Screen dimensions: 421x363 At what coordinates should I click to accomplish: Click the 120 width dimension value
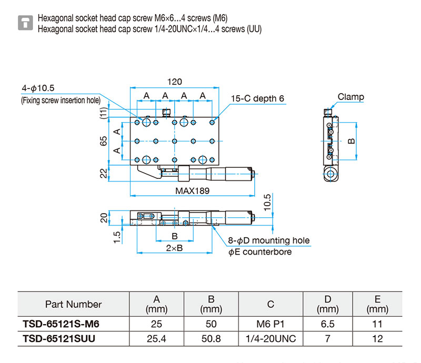tap(175, 82)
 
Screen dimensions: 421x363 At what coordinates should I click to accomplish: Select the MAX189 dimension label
tap(192, 191)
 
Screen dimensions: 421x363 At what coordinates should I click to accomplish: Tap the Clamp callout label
tap(350, 97)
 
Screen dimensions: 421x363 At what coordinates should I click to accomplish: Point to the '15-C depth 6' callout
tap(257, 98)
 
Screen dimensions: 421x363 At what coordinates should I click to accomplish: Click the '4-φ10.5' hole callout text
tap(38, 88)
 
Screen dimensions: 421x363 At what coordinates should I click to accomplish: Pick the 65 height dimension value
tap(103, 141)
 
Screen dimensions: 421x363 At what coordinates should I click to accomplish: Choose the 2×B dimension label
tap(174, 248)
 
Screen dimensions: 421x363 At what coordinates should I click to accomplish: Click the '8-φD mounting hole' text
tap(269, 240)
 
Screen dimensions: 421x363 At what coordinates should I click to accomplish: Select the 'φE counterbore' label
tap(260, 252)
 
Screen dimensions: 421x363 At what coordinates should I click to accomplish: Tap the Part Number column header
tap(73, 304)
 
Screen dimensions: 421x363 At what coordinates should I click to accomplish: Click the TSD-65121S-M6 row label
tap(61, 324)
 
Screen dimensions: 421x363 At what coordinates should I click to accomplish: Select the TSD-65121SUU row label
tap(59, 339)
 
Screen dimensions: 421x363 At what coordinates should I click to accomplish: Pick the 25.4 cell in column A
tap(156, 339)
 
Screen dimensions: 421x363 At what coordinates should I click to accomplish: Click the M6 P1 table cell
tap(270, 324)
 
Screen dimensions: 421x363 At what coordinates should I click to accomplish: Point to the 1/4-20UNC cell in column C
tap(270, 339)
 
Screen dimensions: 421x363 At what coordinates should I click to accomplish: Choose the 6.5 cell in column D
tap(327, 324)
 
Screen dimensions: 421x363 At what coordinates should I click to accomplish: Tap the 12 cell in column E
tap(377, 339)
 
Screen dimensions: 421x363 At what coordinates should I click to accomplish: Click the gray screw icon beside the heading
tap(25, 23)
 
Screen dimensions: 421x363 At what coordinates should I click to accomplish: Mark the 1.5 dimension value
tap(117, 237)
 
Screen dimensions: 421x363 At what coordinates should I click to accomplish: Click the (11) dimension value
tap(103, 113)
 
